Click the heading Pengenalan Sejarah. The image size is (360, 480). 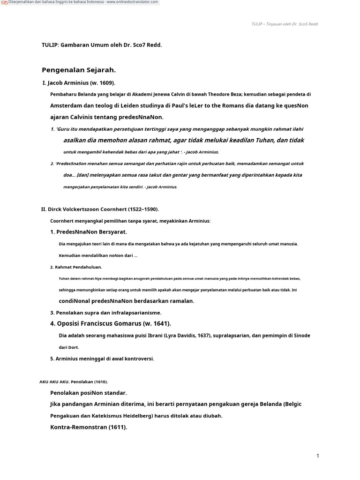pyautogui.click(x=79, y=70)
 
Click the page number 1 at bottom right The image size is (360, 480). pyautogui.click(x=317, y=456)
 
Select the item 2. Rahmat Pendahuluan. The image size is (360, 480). pyautogui.click(x=76, y=267)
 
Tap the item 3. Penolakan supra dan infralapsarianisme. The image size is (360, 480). pyautogui.click(x=105, y=312)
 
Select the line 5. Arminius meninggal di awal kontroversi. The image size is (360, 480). pyautogui.click(x=102, y=359)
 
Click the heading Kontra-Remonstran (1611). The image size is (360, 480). pyautogui.click(x=89, y=427)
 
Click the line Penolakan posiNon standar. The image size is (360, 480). pyautogui.click(x=89, y=393)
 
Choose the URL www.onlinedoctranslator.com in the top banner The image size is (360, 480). pyautogui.click(x=132, y=2)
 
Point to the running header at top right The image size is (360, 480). pyautogui.click(x=285, y=24)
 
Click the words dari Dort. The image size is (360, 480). pyautogui.click(x=69, y=347)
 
